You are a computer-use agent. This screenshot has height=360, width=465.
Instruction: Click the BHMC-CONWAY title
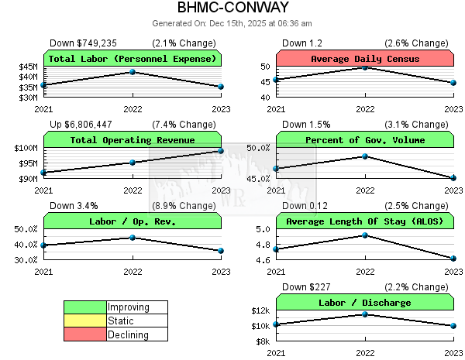click(x=232, y=9)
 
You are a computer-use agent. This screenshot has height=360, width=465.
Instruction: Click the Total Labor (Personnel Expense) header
click(x=132, y=59)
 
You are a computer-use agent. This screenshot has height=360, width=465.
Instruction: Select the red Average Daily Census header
click(x=364, y=59)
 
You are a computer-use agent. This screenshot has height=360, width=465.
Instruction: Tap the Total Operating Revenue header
click(x=132, y=140)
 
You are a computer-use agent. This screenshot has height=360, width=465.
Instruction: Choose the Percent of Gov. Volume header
click(x=364, y=140)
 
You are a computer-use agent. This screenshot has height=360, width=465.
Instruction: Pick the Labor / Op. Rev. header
click(x=132, y=221)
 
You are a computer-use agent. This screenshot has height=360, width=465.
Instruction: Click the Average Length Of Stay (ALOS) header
click(x=364, y=221)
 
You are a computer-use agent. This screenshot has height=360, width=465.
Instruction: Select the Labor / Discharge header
click(x=364, y=303)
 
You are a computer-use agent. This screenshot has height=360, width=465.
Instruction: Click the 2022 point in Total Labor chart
click(x=133, y=72)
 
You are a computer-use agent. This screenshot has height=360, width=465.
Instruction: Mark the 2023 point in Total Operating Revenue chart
click(x=221, y=151)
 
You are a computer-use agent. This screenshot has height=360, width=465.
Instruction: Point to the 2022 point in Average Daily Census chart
click(x=365, y=67)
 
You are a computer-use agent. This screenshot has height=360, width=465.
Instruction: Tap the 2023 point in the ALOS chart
click(x=453, y=259)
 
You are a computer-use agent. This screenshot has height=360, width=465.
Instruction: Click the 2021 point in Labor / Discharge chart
click(x=276, y=324)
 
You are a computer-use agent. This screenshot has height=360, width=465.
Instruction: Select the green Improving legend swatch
click(x=84, y=307)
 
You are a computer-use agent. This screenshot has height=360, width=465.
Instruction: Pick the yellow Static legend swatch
click(x=84, y=321)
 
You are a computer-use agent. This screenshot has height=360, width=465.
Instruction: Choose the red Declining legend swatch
click(x=84, y=335)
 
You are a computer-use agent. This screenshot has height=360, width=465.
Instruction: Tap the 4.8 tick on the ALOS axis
click(x=262, y=245)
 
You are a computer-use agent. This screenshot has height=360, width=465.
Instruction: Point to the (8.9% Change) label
click(x=184, y=206)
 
